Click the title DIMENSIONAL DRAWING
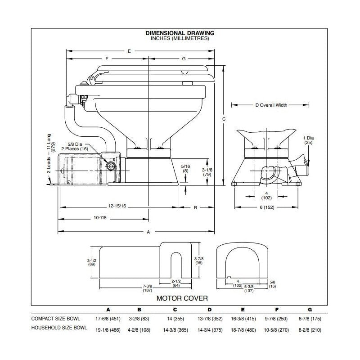click(180, 33)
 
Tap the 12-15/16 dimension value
click(117, 206)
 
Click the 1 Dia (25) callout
click(308, 140)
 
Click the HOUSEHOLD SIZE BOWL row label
click(59, 328)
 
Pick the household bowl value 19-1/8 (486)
click(108, 329)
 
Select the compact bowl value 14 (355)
click(175, 319)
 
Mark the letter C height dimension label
click(224, 119)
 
